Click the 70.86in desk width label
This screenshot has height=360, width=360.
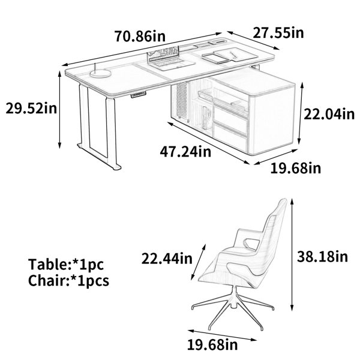tap(140, 36)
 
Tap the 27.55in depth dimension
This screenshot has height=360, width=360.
tap(278, 32)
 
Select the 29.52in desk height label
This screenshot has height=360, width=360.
tap(31, 108)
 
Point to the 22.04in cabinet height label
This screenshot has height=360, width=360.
tap(329, 114)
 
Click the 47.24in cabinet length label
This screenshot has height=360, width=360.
tap(185, 151)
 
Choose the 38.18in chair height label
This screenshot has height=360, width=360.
tap(323, 256)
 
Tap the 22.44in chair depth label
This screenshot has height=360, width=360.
tap(167, 258)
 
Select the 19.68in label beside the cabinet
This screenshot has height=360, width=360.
tap(295, 168)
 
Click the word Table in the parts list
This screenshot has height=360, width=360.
tap(48, 264)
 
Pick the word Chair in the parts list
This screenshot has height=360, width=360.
tap(47, 280)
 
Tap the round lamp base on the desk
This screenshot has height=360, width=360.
tap(100, 73)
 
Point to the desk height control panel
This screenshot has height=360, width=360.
tap(139, 95)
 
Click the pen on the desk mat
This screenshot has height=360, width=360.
tap(233, 55)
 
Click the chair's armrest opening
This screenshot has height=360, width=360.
tap(251, 244)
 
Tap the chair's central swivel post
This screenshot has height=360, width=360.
tap(234, 296)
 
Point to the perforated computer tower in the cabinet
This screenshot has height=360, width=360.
tap(183, 101)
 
